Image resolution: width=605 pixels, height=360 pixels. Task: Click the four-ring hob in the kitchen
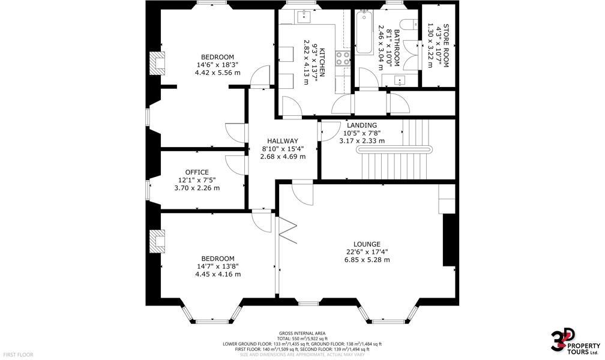[343, 58]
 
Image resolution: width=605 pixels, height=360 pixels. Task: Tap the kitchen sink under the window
[304, 16]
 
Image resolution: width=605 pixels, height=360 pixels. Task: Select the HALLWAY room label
[283, 141]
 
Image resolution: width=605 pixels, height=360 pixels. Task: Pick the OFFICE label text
[197, 172]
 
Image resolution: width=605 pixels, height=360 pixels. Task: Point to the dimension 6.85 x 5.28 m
[367, 260]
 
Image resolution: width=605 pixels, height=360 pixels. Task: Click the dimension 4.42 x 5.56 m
[217, 73]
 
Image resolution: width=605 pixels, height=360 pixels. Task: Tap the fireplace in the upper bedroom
[157, 62]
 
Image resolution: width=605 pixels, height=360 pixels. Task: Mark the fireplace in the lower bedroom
[157, 241]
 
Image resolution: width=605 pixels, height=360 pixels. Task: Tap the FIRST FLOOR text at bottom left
[17, 355]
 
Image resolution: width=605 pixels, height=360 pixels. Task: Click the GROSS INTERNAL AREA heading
[302, 333]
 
